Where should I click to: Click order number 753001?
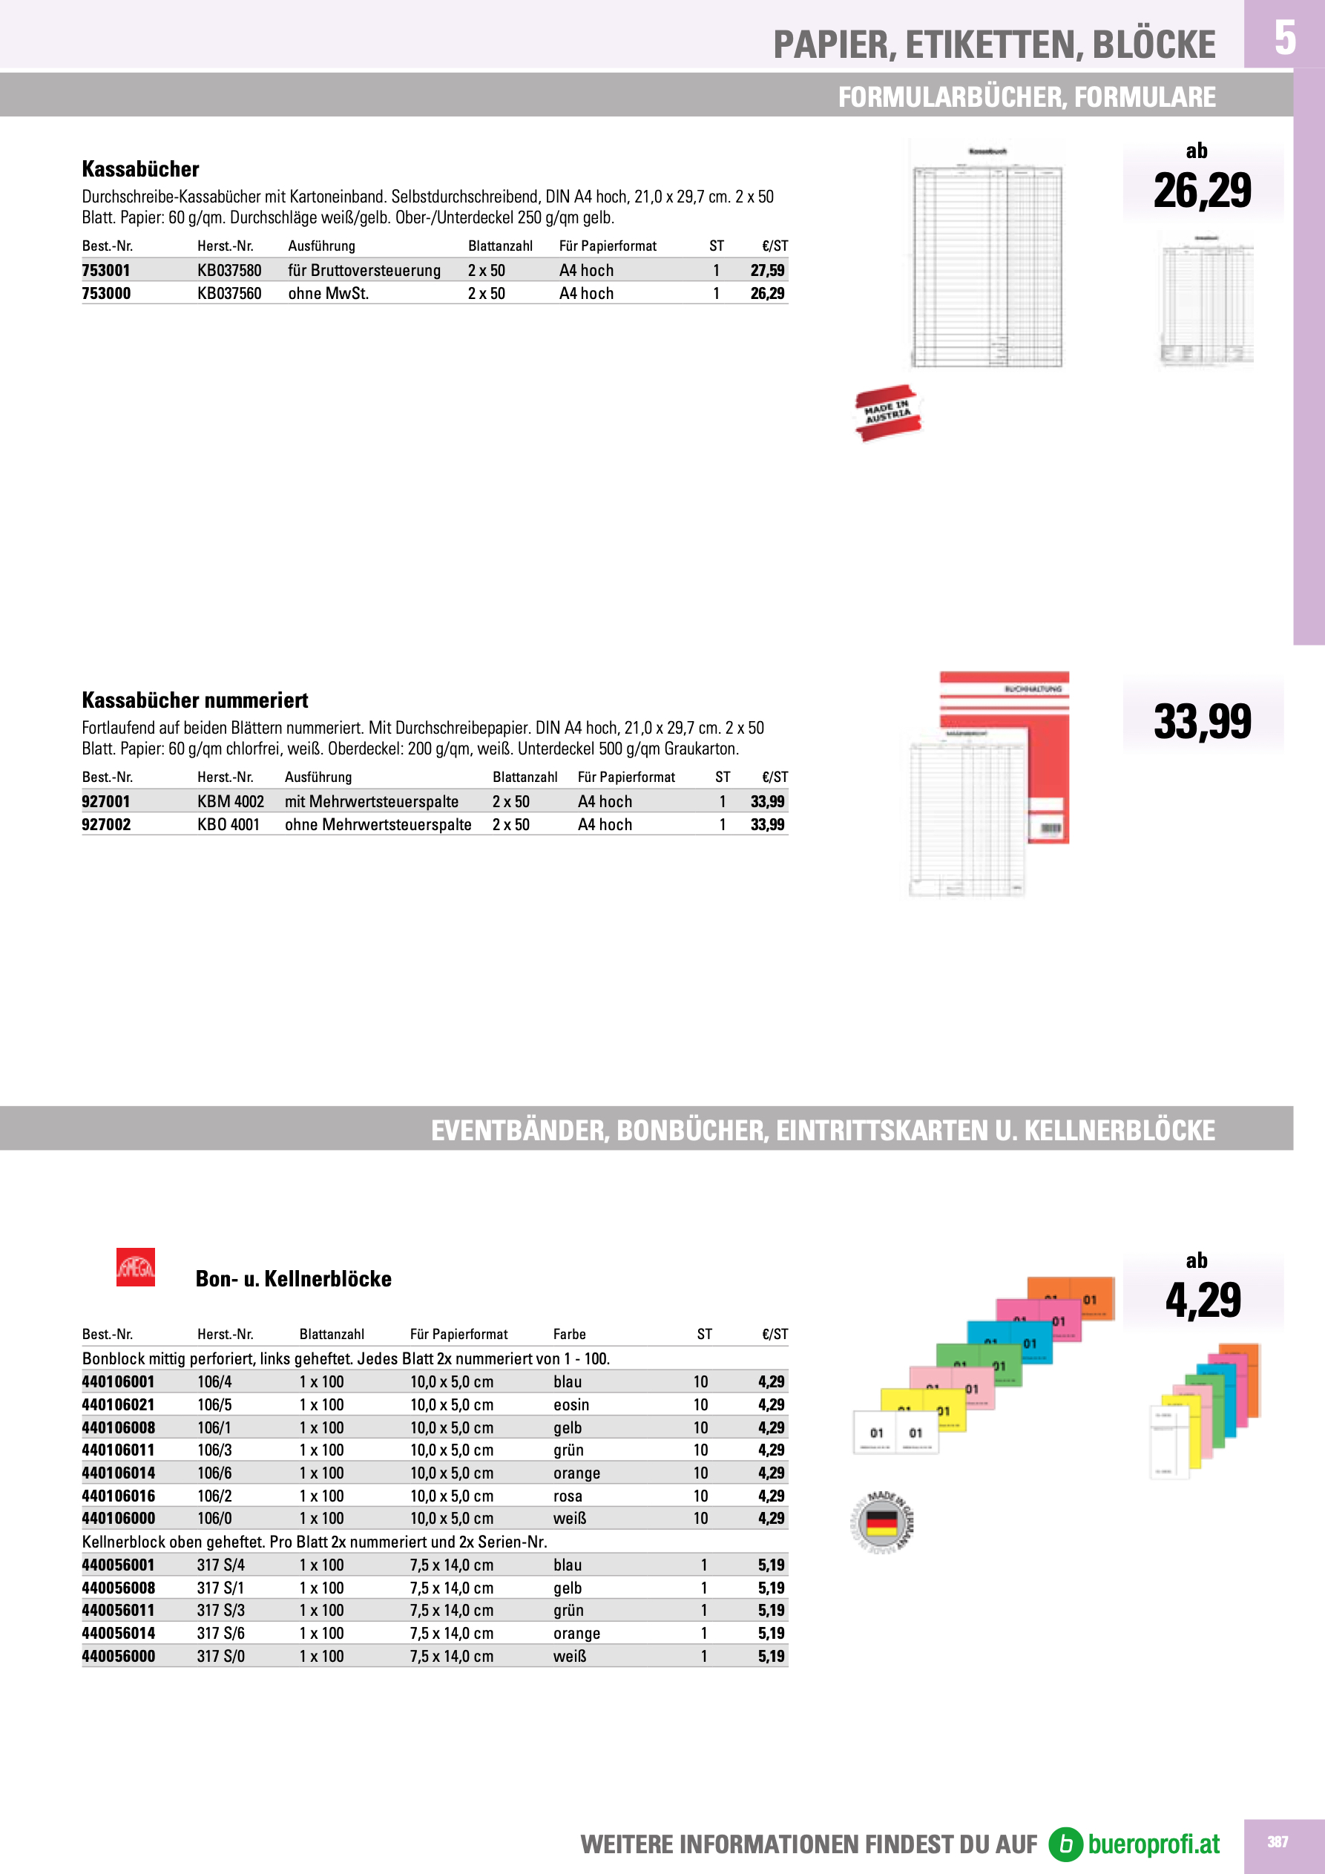point(106,270)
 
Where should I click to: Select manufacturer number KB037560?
point(229,293)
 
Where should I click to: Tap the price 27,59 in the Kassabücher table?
point(766,270)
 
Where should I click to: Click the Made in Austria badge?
point(887,413)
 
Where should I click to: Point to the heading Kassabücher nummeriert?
point(194,700)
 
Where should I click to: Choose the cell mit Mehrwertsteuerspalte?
point(372,801)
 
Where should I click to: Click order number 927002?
point(106,824)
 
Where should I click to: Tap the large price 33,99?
point(1202,723)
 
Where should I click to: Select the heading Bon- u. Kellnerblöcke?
point(293,1279)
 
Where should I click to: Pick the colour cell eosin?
point(571,1404)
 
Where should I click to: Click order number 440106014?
point(119,1473)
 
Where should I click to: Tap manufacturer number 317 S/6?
point(220,1633)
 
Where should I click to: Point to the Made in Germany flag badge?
point(881,1523)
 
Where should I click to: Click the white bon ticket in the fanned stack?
point(895,1432)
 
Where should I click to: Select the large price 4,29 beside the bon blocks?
point(1203,1301)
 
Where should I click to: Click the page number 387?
point(1278,1842)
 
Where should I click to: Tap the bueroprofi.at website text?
point(1153,1844)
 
